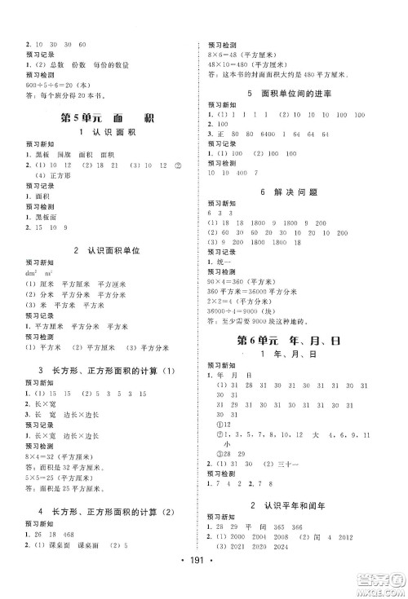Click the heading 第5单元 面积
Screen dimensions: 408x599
click(100, 119)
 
